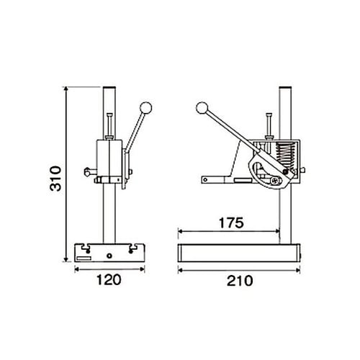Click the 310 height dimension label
(x=55, y=179)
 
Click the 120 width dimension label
(x=109, y=280)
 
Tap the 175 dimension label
(x=231, y=222)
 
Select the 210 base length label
(x=240, y=281)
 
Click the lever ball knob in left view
(x=146, y=108)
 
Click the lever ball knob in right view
(x=202, y=108)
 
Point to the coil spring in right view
(x=285, y=156)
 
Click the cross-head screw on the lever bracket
(x=276, y=181)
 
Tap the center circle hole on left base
(x=109, y=256)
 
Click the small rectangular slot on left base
(x=84, y=258)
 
